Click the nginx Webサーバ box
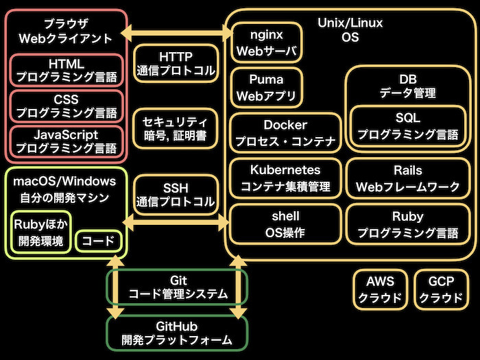tap(266, 43)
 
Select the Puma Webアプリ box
tap(266, 88)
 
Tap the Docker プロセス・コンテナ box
tap(285, 133)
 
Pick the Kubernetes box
tap(285, 178)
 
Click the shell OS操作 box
tap(285, 224)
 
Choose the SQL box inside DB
tap(408, 126)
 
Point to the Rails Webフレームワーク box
tap(408, 178)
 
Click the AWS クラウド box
tap(380, 289)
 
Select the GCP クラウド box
tap(441, 289)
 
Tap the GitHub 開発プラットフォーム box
tap(177, 333)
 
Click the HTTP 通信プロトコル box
tap(176, 63)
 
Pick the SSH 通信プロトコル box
tap(176, 195)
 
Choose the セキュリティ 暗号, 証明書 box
tap(175, 129)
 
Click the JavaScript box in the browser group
tap(67, 142)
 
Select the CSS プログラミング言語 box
tap(67, 106)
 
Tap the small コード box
tap(98, 241)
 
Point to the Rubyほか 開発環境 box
tap(40, 232)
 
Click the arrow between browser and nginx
tap(176, 33)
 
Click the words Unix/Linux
tap(350, 23)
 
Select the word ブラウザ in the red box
tap(66, 23)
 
